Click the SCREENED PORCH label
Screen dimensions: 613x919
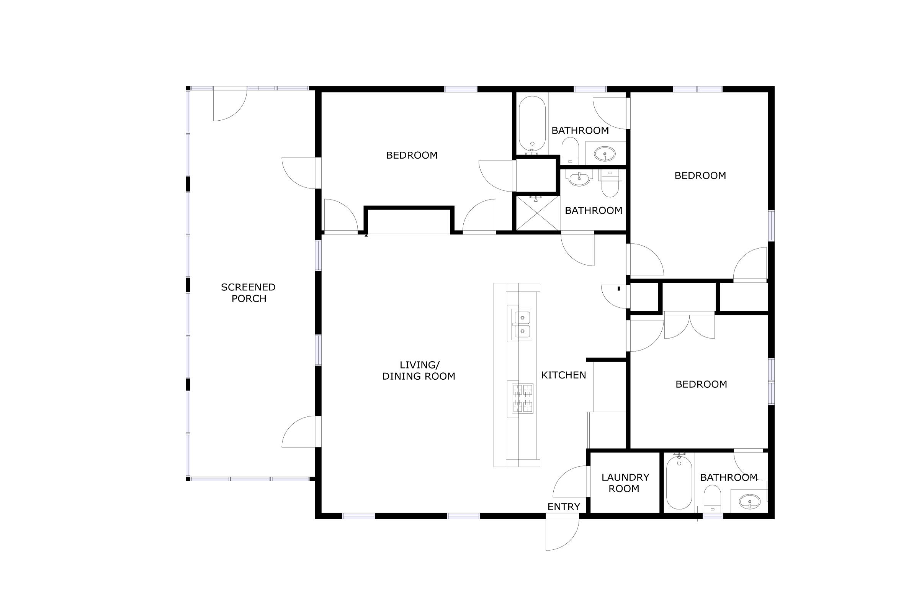(x=248, y=293)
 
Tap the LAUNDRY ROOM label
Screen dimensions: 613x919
(x=625, y=483)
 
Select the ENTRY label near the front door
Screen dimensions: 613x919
(x=563, y=506)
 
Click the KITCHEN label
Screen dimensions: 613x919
(x=563, y=375)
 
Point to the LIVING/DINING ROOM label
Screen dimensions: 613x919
(x=419, y=370)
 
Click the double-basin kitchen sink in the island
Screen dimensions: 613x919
(x=522, y=324)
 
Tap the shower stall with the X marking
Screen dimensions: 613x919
(x=537, y=213)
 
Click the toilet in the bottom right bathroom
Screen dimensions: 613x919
(x=712, y=498)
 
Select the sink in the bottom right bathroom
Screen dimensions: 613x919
(x=749, y=502)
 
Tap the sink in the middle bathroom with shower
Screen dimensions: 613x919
(x=579, y=179)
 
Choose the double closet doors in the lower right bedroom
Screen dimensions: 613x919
(x=689, y=326)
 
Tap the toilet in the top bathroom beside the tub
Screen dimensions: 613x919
(x=570, y=151)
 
